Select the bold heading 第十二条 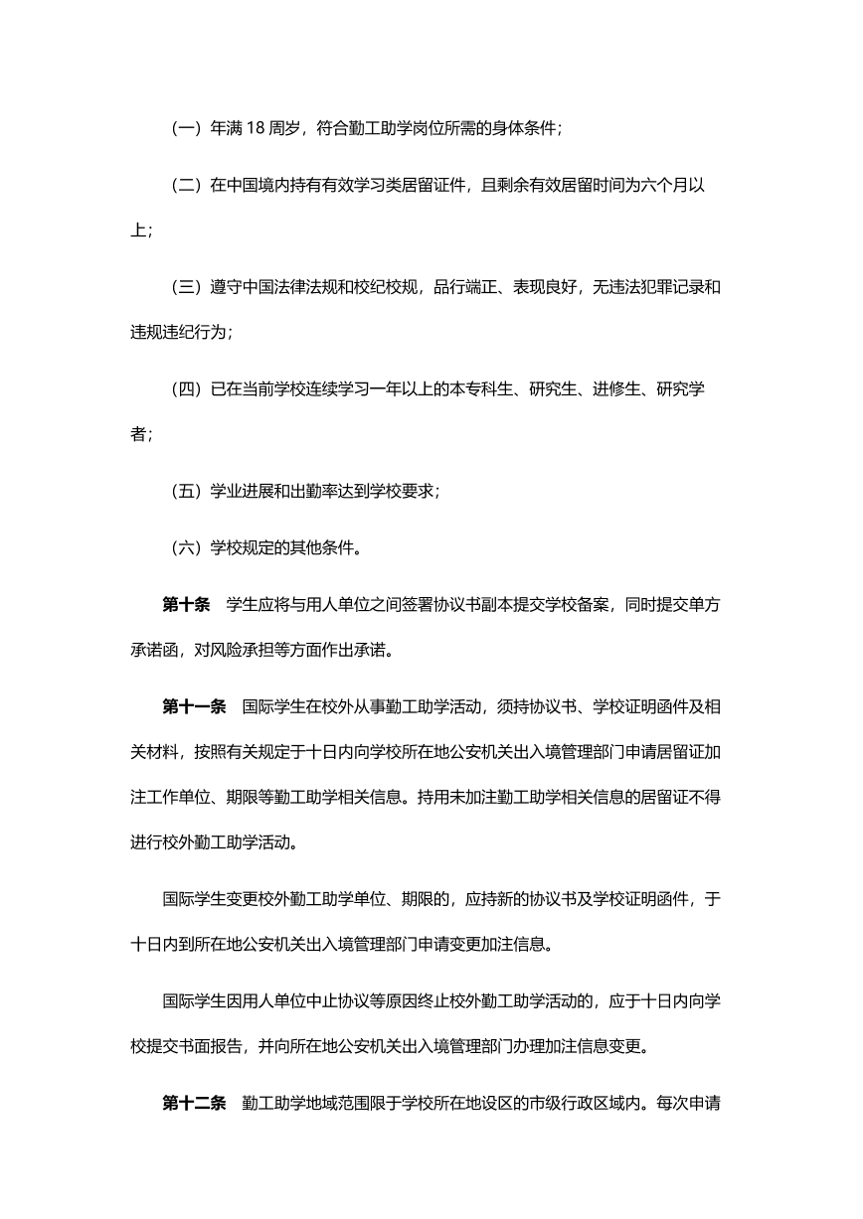(194, 1103)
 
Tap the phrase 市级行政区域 (591, 1103)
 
